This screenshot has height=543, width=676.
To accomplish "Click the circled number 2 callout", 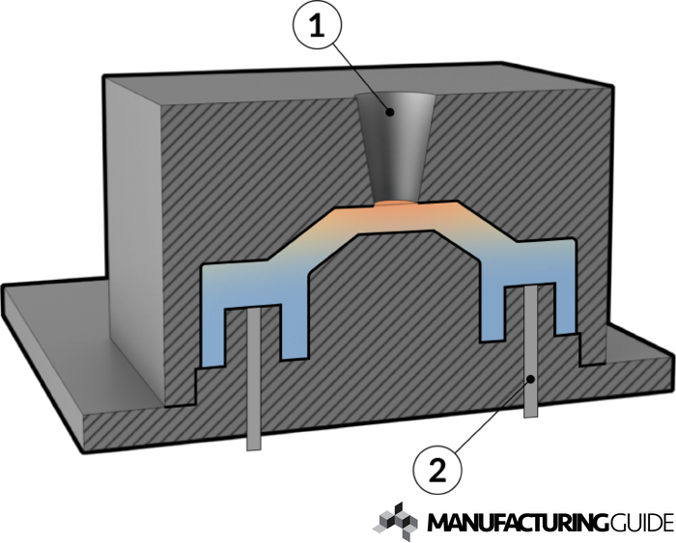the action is coord(437,470).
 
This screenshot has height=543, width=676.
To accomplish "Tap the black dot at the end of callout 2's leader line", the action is coord(532,379).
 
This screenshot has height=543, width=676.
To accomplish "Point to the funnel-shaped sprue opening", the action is coord(396,147).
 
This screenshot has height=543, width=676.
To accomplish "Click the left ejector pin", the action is coord(253,379).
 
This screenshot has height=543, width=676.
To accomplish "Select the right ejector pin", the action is coord(531,351).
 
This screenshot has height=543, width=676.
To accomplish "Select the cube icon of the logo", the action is coord(395,521).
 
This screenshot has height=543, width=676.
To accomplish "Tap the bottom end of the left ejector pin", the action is coord(254,450).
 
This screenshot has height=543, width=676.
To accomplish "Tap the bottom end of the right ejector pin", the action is coord(531,417).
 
